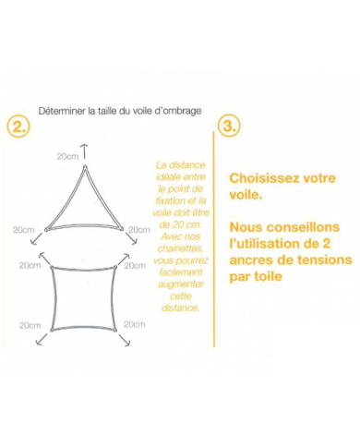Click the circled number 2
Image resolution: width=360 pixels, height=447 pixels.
[x=18, y=125]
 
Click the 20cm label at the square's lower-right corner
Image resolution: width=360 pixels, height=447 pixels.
[x=134, y=324]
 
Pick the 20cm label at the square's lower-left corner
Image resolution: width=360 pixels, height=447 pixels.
[x=30, y=325]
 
